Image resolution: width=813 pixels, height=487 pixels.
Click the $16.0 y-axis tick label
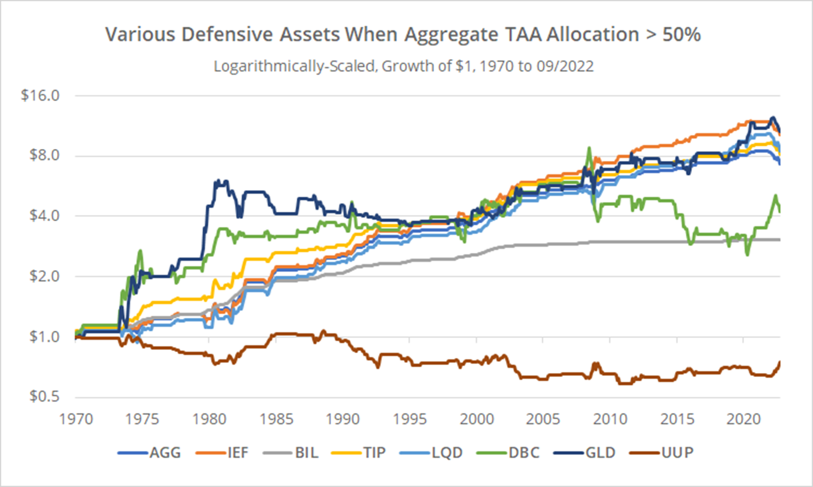pos(40,95)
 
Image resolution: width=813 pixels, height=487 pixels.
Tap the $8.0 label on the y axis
pos(45,155)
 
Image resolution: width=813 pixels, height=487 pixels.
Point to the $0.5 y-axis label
pos(45,396)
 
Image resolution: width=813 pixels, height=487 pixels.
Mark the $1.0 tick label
pos(45,337)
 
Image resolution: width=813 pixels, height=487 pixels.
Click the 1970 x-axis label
pos(76,419)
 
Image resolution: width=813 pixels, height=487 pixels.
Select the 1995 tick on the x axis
pos(410,419)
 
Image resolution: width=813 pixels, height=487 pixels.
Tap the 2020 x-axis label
pos(743,419)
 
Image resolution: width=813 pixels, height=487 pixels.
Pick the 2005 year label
pos(543,419)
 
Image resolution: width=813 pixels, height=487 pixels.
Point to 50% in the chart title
pos(682,35)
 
